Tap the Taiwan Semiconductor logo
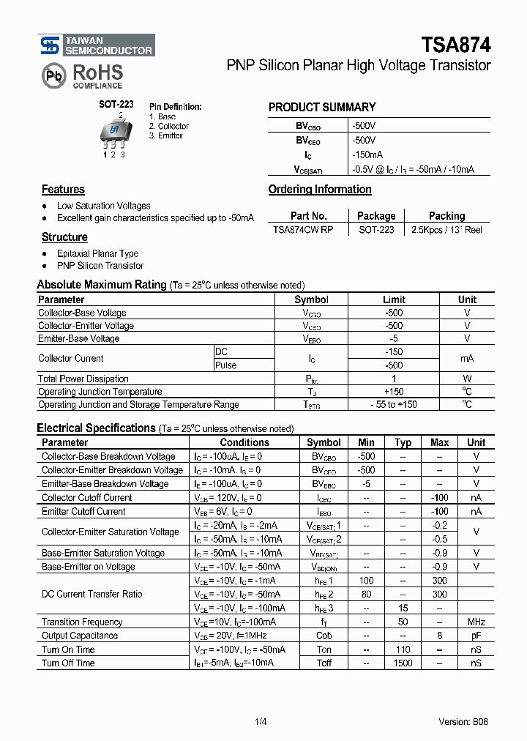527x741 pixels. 97,45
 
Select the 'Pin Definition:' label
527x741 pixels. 176,107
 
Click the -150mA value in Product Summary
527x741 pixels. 367,155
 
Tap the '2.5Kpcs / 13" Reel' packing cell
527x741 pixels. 446,230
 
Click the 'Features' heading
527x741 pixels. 63,190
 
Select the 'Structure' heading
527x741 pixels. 64,237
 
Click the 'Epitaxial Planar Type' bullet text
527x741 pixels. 97,253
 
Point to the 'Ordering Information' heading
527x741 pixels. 320,190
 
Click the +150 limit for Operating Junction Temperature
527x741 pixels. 394,392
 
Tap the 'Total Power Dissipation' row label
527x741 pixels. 83,379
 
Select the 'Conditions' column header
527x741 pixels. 244,442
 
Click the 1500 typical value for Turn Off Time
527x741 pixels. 403,663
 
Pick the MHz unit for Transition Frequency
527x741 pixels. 476,622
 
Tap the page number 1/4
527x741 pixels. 261,721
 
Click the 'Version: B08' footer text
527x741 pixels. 463,721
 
